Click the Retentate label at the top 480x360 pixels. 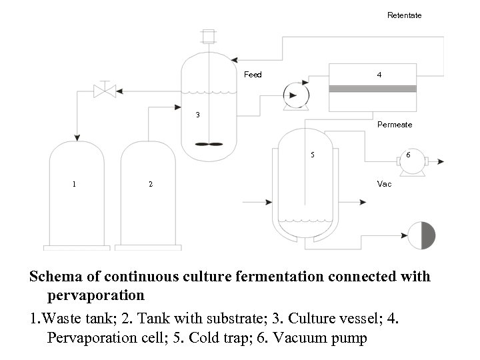[x=404, y=15]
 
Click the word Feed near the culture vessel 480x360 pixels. [x=253, y=75]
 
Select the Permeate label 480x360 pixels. [x=395, y=125]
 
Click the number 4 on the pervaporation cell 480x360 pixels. [x=379, y=75]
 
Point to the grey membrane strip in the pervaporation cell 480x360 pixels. [x=373, y=89]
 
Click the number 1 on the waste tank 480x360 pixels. [x=74, y=184]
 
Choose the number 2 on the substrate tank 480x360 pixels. [x=151, y=184]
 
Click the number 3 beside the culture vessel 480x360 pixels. [x=197, y=115]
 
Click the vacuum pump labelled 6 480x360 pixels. [x=408, y=161]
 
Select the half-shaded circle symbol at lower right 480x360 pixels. [x=421, y=235]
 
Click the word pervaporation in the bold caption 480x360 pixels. [x=96, y=294]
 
